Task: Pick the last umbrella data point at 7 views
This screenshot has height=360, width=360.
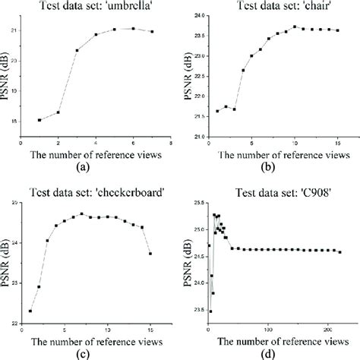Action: [x=152, y=31]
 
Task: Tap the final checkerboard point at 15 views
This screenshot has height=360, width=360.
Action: [x=150, y=254]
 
